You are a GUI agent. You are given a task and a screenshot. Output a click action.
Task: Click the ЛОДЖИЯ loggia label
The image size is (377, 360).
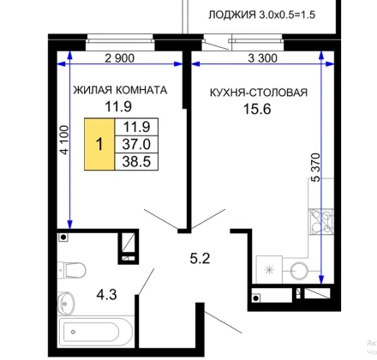tap(261, 15)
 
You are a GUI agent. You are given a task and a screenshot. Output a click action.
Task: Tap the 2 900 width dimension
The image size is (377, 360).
tap(119, 58)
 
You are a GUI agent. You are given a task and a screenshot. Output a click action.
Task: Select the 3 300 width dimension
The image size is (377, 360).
tap(262, 58)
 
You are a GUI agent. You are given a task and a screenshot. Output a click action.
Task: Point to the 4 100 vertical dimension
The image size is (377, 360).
tap(64, 140)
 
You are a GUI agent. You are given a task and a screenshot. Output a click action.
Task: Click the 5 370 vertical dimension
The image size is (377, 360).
tap(315, 167)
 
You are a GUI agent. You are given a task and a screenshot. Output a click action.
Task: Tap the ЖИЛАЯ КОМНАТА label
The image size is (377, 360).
tap(120, 90)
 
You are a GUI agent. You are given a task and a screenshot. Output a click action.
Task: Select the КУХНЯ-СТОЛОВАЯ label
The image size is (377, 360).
tap(259, 93)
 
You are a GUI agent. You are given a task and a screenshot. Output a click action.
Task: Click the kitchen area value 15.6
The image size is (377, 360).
tap(257, 109)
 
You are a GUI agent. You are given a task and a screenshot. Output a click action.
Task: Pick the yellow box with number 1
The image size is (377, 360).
tap(99, 144)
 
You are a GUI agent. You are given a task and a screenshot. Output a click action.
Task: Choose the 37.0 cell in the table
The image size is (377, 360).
tap(136, 144)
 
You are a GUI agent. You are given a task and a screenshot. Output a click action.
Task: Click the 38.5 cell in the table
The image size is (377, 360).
tap(136, 162)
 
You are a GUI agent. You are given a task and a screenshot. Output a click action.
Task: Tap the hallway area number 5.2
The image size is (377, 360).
tap(200, 259)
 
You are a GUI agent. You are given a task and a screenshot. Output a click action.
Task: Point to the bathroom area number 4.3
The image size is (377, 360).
tap(106, 295)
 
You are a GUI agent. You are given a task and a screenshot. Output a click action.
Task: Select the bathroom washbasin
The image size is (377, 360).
tap(66, 303)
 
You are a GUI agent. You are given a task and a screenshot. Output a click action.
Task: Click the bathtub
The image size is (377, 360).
tap(96, 332)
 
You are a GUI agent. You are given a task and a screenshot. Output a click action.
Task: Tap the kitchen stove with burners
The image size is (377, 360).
tap(321, 222)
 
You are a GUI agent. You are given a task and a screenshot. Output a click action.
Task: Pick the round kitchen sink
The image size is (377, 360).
tap(299, 271)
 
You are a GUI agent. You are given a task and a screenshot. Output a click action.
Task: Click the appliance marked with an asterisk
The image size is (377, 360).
tap(269, 270)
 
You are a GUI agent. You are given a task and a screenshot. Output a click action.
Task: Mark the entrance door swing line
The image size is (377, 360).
tap(223, 322)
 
